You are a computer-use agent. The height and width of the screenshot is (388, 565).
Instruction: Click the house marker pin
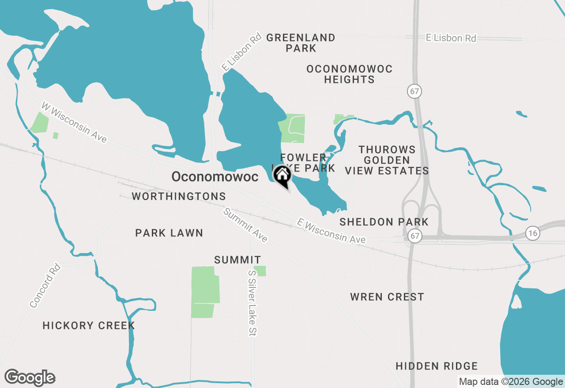coord(282,176)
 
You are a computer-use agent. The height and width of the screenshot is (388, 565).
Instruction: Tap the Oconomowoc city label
coord(215,177)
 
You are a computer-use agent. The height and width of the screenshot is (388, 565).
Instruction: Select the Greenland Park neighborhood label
coord(301,43)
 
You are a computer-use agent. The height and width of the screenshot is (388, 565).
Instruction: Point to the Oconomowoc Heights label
coord(349,74)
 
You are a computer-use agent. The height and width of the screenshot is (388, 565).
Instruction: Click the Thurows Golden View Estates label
coord(387,160)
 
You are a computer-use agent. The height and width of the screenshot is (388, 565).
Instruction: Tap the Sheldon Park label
coord(384,222)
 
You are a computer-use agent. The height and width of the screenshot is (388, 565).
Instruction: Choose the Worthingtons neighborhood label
coord(179,196)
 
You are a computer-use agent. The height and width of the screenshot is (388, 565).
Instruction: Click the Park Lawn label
coord(169,233)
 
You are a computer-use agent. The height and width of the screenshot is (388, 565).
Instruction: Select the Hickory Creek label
coord(89,325)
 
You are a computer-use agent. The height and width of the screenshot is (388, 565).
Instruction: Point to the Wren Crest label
coord(387,297)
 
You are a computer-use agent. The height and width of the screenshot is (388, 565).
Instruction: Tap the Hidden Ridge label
coord(437,366)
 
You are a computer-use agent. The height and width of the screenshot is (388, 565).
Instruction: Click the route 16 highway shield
coord(533,233)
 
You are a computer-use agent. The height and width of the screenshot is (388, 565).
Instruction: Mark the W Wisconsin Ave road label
coord(74,122)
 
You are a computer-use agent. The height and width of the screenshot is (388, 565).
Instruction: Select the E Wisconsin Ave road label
coord(331,231)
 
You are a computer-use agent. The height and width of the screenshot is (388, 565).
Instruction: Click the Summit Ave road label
coord(245,225)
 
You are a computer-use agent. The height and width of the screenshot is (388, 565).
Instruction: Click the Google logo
coord(30,377)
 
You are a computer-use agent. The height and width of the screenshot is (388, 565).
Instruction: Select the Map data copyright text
coord(511,382)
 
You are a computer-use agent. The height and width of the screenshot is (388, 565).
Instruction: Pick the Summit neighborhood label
coord(237,260)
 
